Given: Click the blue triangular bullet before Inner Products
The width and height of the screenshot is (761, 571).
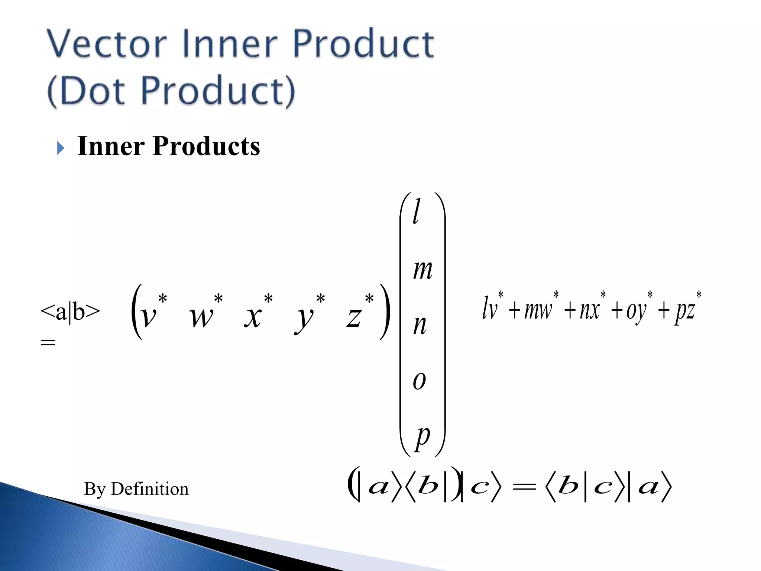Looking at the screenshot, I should pyautogui.click(x=61, y=148).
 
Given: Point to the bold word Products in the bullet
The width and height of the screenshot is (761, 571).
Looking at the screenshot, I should pyautogui.click(x=206, y=146).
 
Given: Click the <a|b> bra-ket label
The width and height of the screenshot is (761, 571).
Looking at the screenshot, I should pyautogui.click(x=70, y=311).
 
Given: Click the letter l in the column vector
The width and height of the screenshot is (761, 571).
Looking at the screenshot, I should pyautogui.click(x=417, y=211).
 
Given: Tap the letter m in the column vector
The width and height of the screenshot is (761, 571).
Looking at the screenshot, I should pyautogui.click(x=422, y=270).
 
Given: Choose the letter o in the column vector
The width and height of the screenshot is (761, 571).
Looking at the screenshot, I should pyautogui.click(x=419, y=381).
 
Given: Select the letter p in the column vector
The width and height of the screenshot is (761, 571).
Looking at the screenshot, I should pyautogui.click(x=422, y=437).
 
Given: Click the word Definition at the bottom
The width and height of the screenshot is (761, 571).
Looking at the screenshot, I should pyautogui.click(x=149, y=489).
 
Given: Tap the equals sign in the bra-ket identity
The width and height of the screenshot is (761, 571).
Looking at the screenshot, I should pyautogui.click(x=524, y=487).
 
